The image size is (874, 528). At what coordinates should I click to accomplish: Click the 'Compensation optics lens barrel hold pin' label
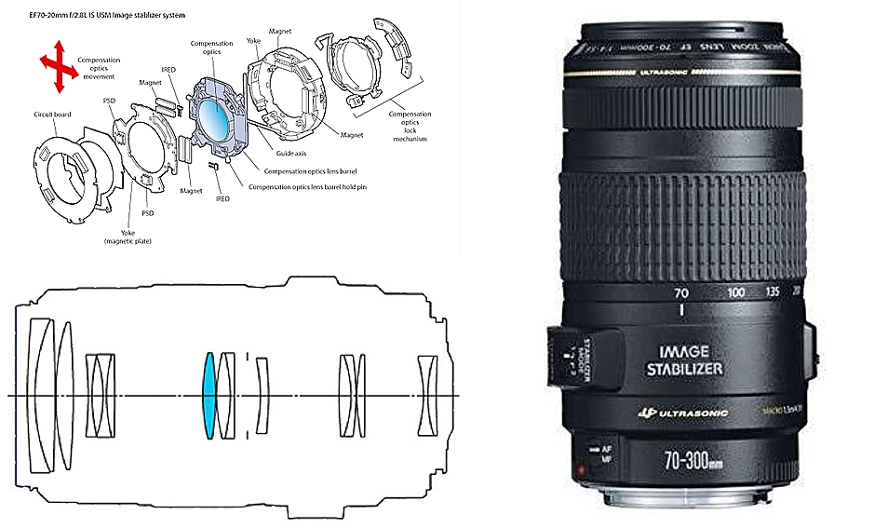313,186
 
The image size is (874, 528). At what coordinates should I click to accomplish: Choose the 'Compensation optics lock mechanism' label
410,126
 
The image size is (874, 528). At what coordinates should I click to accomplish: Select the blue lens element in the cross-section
209,395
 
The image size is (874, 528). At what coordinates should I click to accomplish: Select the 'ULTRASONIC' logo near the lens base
692,413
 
